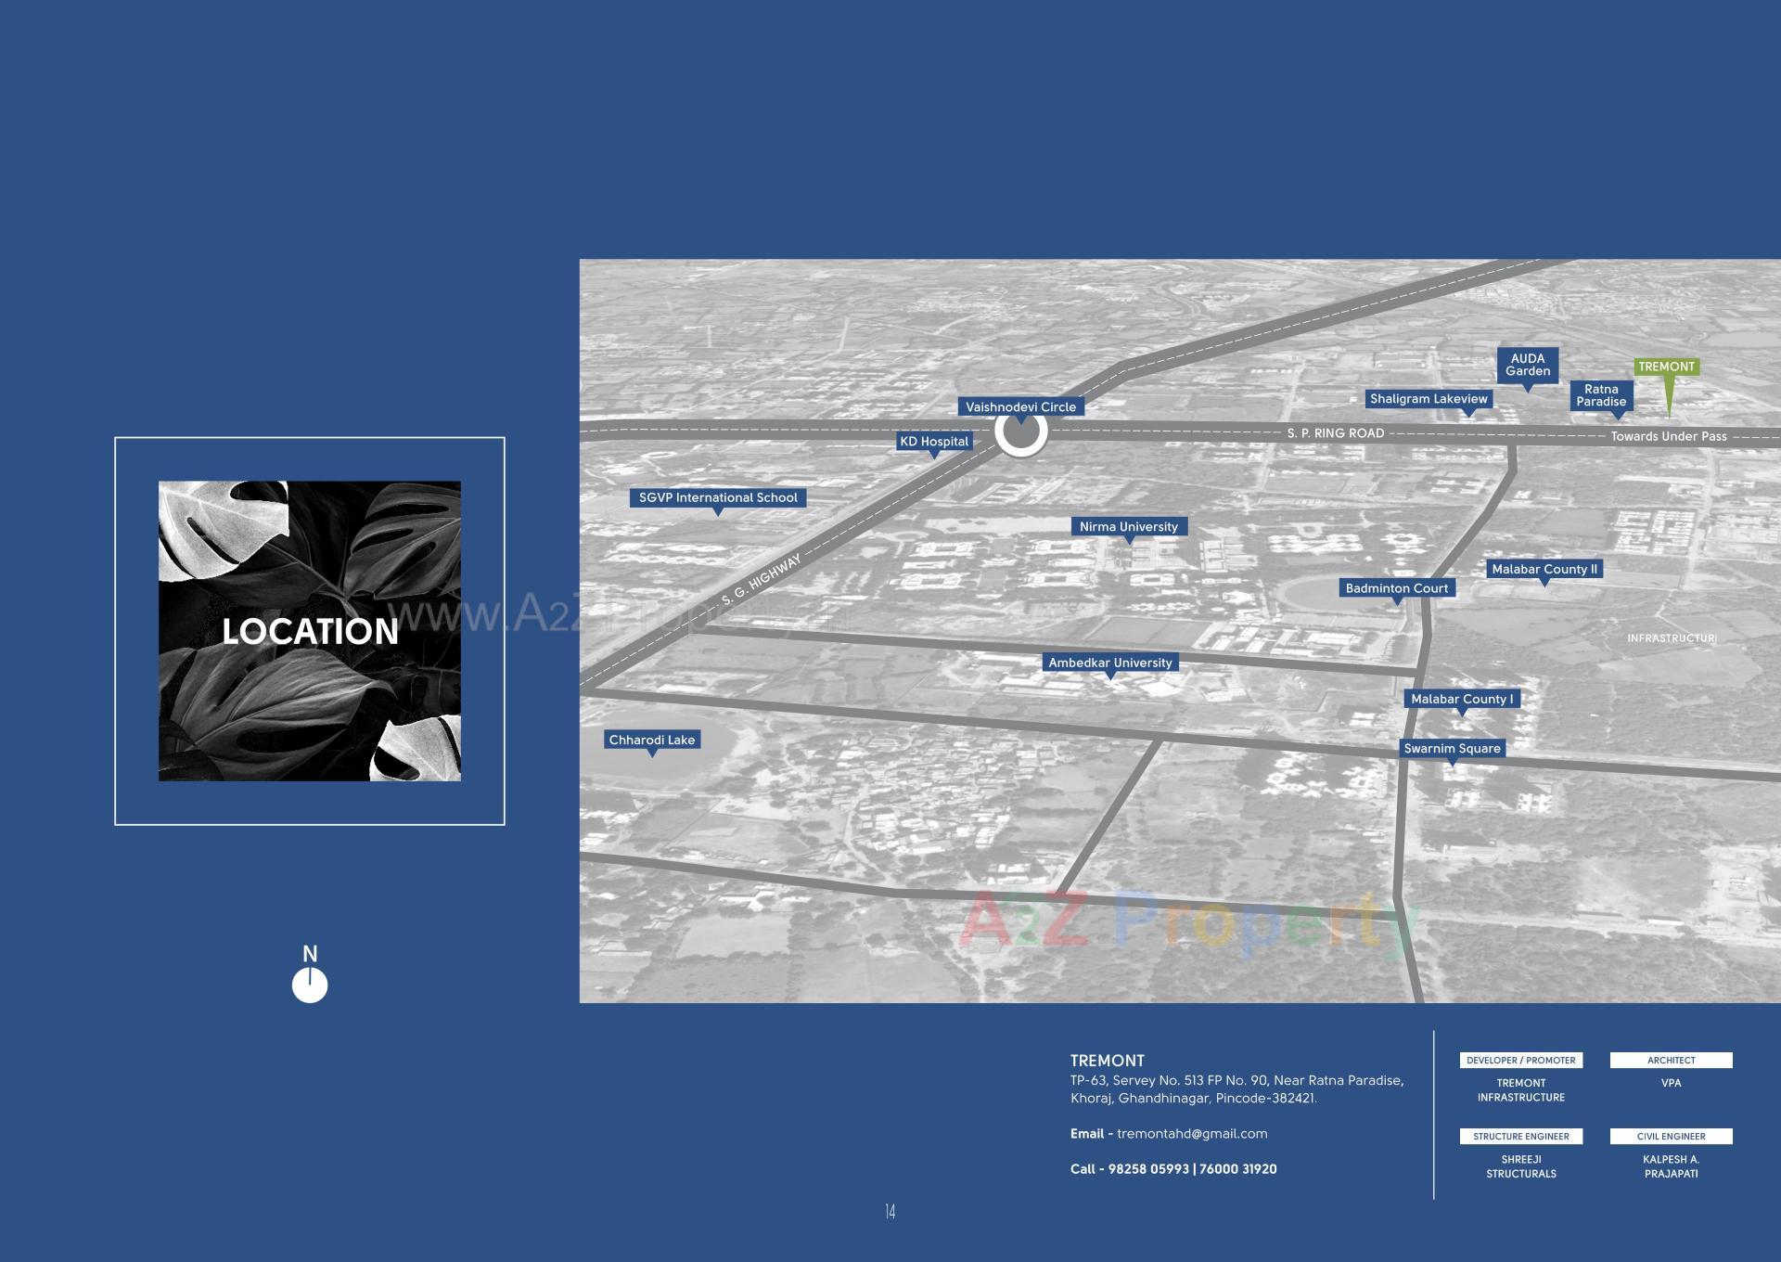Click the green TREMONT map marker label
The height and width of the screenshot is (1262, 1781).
point(1666,367)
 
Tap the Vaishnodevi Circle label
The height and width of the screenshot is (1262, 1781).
point(1020,406)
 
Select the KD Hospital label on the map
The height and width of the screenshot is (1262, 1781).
point(934,442)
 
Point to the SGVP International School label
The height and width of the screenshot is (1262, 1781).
point(718,497)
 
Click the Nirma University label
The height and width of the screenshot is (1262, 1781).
point(1128,526)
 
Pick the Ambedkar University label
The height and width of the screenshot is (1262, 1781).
point(1110,663)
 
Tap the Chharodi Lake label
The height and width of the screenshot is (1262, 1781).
point(651,740)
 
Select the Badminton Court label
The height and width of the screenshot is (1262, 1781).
point(1396,587)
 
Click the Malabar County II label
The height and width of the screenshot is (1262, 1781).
point(1544,569)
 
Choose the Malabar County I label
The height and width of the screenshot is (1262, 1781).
point(1462,699)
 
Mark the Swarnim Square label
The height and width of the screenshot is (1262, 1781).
point(1452,748)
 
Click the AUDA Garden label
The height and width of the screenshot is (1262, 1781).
point(1528,365)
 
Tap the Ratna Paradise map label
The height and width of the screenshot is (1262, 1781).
point(1601,395)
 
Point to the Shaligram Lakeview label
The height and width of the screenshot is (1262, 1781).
point(1429,399)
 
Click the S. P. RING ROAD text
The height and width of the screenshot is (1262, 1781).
point(1335,433)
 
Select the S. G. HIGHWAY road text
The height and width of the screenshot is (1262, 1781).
point(761,581)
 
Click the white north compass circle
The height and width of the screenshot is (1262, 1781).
point(310,985)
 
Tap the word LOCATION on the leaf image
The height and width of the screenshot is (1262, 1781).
point(310,632)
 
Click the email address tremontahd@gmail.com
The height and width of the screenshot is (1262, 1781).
point(1192,1133)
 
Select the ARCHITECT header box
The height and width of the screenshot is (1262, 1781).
point(1671,1060)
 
